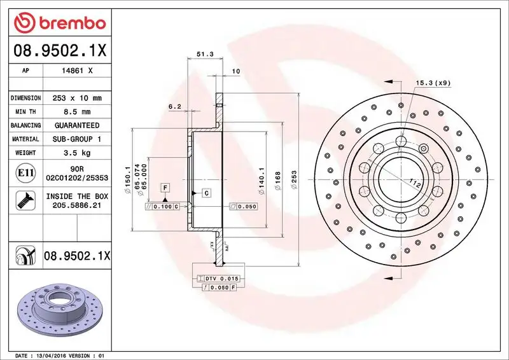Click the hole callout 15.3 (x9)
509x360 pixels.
click(x=433, y=83)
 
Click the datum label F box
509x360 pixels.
click(x=165, y=187)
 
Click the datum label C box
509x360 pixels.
click(x=207, y=192)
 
